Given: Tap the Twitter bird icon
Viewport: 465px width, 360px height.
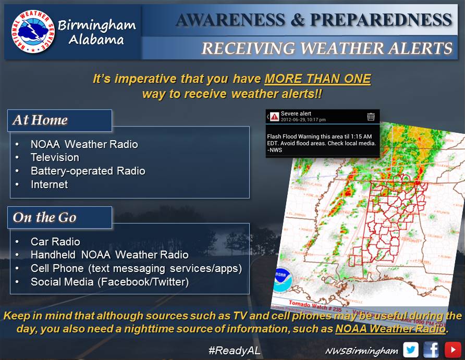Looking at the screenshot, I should coord(411,350).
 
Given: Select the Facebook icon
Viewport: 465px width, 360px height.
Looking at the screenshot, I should coord(431,350).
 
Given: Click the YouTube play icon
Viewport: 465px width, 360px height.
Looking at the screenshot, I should coord(452,350).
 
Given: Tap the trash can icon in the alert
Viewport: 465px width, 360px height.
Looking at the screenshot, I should coord(371,117).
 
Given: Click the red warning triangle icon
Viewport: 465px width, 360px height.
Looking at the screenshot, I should coord(274,117).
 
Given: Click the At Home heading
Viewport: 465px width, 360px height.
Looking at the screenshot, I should coord(40,120).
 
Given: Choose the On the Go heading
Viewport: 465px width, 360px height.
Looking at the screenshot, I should coord(44,217).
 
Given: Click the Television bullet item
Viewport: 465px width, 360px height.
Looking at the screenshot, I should coord(55,157).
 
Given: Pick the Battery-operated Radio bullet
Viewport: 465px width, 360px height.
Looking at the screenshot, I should coord(88,171).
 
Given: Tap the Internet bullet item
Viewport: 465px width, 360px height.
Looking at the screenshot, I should coord(49,184).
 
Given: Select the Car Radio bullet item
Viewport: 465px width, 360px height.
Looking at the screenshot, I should coord(55,242).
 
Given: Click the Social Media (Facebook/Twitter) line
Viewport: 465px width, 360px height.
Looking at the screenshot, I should coord(109,282).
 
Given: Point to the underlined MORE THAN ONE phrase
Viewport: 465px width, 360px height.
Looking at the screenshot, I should coord(317,80).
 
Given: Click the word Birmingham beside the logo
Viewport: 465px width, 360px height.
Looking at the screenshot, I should coord(97,24).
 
